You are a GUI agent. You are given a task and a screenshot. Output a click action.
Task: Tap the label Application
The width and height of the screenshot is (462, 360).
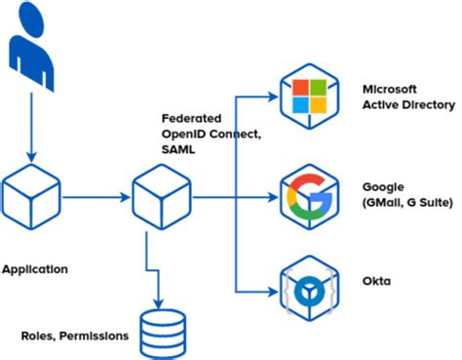click(x=35, y=267)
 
